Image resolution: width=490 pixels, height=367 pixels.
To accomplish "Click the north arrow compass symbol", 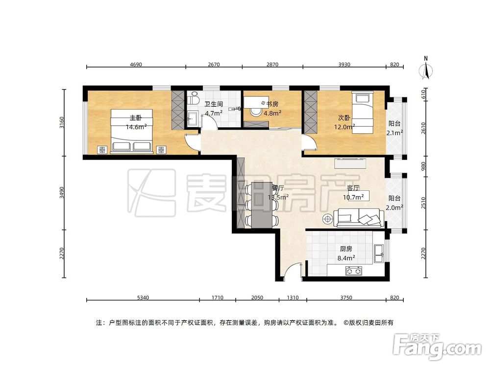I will [426, 69].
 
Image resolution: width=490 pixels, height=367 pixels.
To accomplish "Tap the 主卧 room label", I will [136, 118].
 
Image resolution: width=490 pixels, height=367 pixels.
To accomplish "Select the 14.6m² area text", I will [136, 127].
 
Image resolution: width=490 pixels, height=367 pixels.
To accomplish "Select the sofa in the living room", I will [359, 217].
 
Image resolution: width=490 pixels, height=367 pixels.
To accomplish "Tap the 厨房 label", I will [346, 248].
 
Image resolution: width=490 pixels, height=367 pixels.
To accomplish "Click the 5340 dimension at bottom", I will [143, 297].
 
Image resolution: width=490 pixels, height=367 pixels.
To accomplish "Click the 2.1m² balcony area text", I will [394, 133].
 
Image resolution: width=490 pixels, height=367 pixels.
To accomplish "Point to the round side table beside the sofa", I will [327, 219].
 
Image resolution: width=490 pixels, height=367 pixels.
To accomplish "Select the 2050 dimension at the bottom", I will [257, 297].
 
